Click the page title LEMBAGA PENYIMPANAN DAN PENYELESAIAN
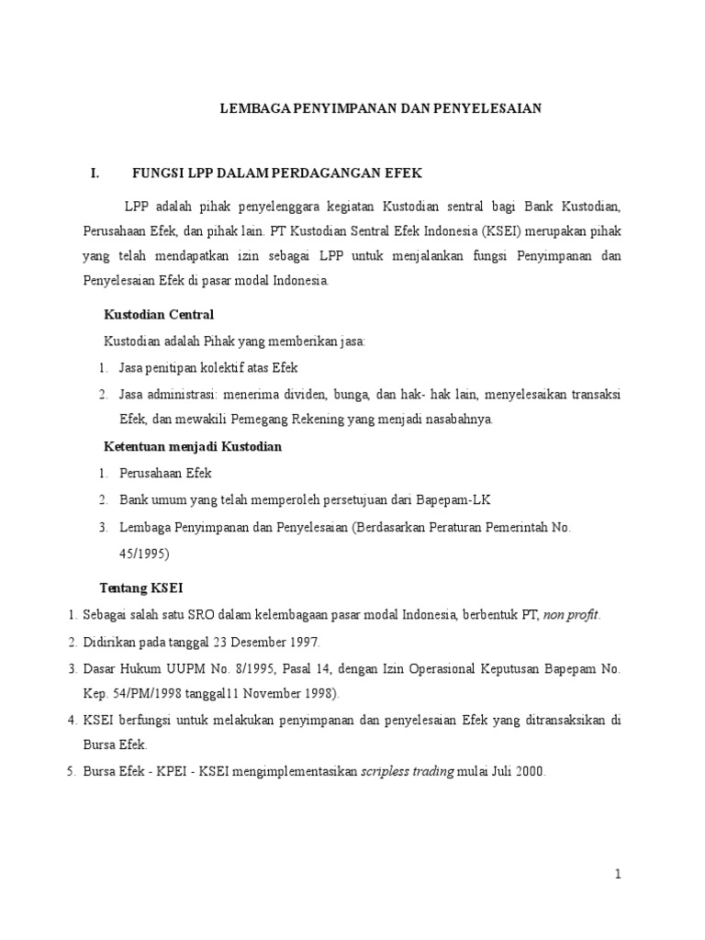[x=381, y=108]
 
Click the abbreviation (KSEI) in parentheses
[x=444, y=231]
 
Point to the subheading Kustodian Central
[x=158, y=315]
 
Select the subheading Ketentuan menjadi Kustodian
[x=190, y=447]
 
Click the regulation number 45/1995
[x=144, y=554]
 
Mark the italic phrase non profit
[x=571, y=614]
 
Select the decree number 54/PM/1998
[x=144, y=693]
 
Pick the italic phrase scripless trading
[x=407, y=772]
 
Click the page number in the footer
[x=619, y=875]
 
